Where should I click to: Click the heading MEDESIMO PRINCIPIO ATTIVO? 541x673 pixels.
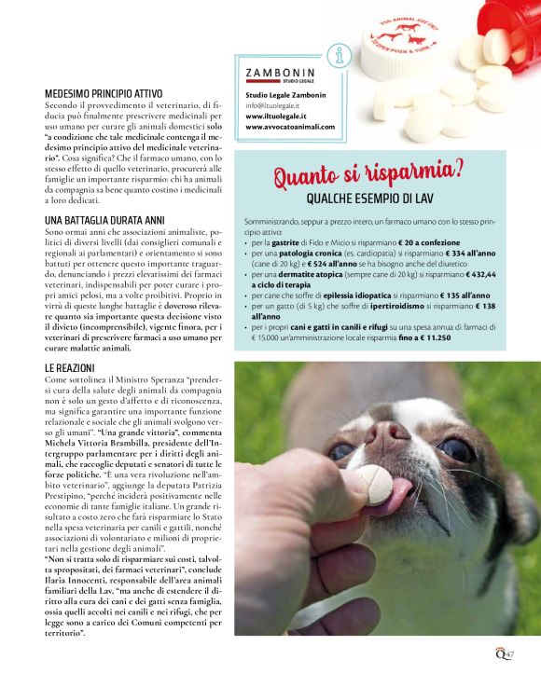click(x=104, y=94)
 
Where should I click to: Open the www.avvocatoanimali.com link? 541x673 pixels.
click(x=290, y=126)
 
